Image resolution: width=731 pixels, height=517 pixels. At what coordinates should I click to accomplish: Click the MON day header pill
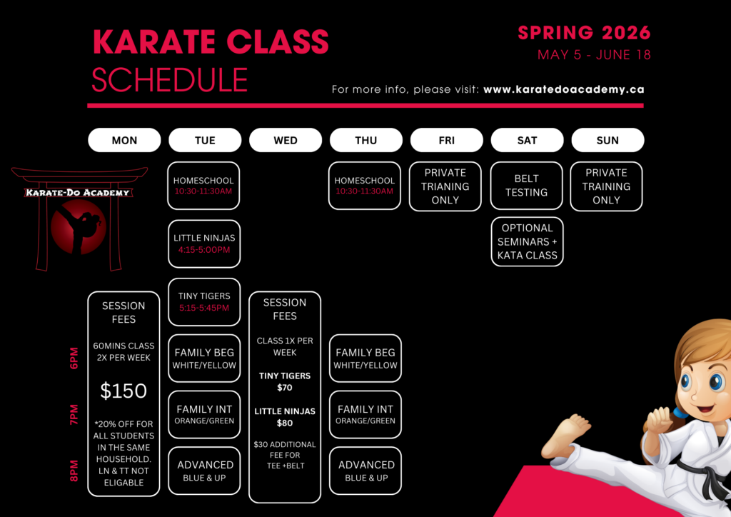pyautogui.click(x=124, y=140)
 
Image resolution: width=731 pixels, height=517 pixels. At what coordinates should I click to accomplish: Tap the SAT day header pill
pyautogui.click(x=527, y=140)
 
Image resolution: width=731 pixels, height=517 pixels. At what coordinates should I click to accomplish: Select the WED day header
pyautogui.click(x=286, y=140)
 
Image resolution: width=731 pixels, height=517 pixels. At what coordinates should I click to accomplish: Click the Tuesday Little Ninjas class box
pyautogui.click(x=204, y=244)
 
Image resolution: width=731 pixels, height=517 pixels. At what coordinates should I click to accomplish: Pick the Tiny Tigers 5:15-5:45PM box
pyautogui.click(x=204, y=301)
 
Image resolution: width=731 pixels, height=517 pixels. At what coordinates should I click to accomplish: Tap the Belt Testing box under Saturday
pyautogui.click(x=526, y=186)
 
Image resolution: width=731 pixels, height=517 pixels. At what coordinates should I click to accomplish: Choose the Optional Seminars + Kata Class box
pyautogui.click(x=528, y=241)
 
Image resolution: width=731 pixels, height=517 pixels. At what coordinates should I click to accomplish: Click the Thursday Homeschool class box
pyautogui.click(x=365, y=186)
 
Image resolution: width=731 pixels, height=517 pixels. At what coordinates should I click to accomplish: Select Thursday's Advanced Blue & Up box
pyautogui.click(x=365, y=471)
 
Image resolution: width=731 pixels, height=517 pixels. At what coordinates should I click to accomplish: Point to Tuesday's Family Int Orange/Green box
pyautogui.click(x=204, y=414)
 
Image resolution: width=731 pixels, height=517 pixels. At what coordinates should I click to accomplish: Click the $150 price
pyautogui.click(x=123, y=391)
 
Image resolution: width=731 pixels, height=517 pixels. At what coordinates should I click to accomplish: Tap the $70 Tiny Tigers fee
pyautogui.click(x=285, y=388)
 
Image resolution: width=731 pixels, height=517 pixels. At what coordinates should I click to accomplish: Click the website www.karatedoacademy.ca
pyautogui.click(x=564, y=89)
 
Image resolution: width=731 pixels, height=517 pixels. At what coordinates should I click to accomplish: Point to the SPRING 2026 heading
pyautogui.click(x=584, y=33)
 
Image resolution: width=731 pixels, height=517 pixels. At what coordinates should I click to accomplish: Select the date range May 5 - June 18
pyautogui.click(x=594, y=54)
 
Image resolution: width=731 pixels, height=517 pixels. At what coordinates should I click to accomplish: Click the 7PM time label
pyautogui.click(x=74, y=414)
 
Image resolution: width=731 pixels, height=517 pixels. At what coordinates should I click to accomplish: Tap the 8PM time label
pyautogui.click(x=74, y=471)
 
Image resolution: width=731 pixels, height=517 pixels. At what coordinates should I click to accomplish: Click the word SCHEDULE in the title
pyautogui.click(x=170, y=80)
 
